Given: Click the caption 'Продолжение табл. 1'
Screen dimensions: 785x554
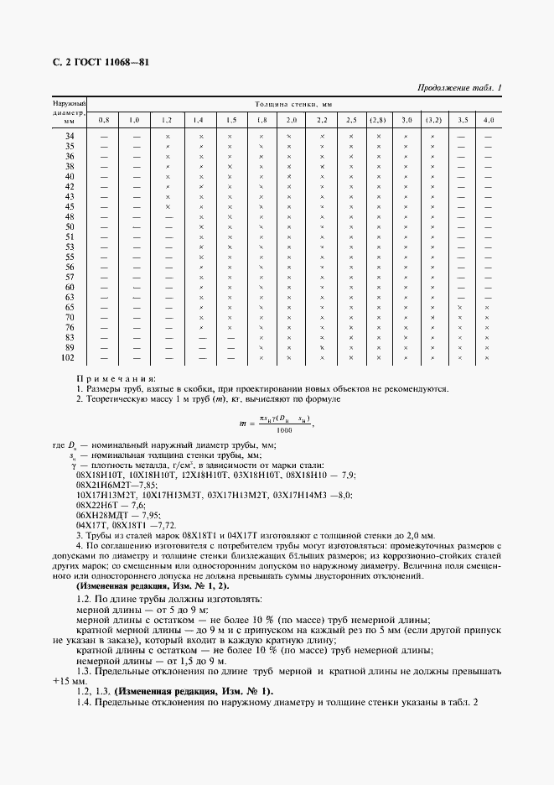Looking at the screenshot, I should tap(458, 88).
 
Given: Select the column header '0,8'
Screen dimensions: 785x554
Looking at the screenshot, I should tap(104, 120).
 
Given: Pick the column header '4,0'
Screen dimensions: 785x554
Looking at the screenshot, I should tap(488, 120).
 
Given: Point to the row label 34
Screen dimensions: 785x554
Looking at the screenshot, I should tap(70, 137).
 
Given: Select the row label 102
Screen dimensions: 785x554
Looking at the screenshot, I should tap(70, 357).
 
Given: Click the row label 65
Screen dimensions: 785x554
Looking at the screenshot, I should tap(70, 307).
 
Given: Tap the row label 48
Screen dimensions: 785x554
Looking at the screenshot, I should tap(70, 216).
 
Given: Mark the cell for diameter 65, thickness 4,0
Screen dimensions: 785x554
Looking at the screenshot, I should tap(488, 307).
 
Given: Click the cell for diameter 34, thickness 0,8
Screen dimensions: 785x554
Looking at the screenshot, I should tap(104, 137).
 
